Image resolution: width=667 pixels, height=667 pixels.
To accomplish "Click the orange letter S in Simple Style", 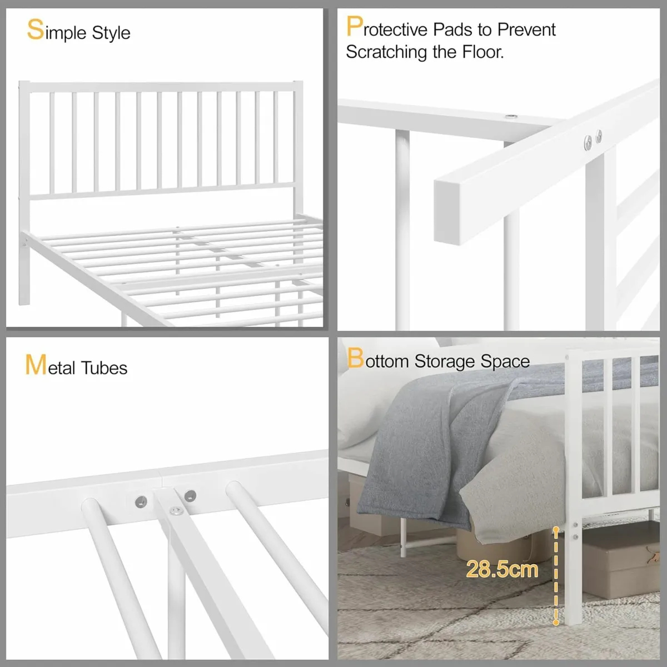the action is pyautogui.click(x=36, y=29).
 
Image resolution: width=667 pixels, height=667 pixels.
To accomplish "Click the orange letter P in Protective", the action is pyautogui.click(x=355, y=26).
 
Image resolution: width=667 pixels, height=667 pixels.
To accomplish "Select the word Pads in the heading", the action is pyautogui.click(x=452, y=29).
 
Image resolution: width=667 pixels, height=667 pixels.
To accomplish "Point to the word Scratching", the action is pyautogui.click(x=386, y=52).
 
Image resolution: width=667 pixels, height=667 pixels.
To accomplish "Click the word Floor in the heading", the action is pyautogui.click(x=483, y=52).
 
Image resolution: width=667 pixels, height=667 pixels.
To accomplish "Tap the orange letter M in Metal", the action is pyautogui.click(x=36, y=365).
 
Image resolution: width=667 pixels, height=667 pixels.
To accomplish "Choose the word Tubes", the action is pyautogui.click(x=104, y=367).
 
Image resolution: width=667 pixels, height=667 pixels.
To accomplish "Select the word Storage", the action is pyautogui.click(x=445, y=361).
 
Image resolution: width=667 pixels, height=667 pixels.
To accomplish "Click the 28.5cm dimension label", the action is pyautogui.click(x=502, y=569).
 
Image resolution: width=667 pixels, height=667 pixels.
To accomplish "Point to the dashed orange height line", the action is pyautogui.click(x=555, y=576).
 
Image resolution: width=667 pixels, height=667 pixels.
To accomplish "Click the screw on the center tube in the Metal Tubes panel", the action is pyautogui.click(x=177, y=511).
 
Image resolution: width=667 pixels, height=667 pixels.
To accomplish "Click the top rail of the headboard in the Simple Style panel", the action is pyautogui.click(x=161, y=87).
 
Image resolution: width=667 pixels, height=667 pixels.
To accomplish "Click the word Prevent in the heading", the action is pyautogui.click(x=526, y=29).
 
